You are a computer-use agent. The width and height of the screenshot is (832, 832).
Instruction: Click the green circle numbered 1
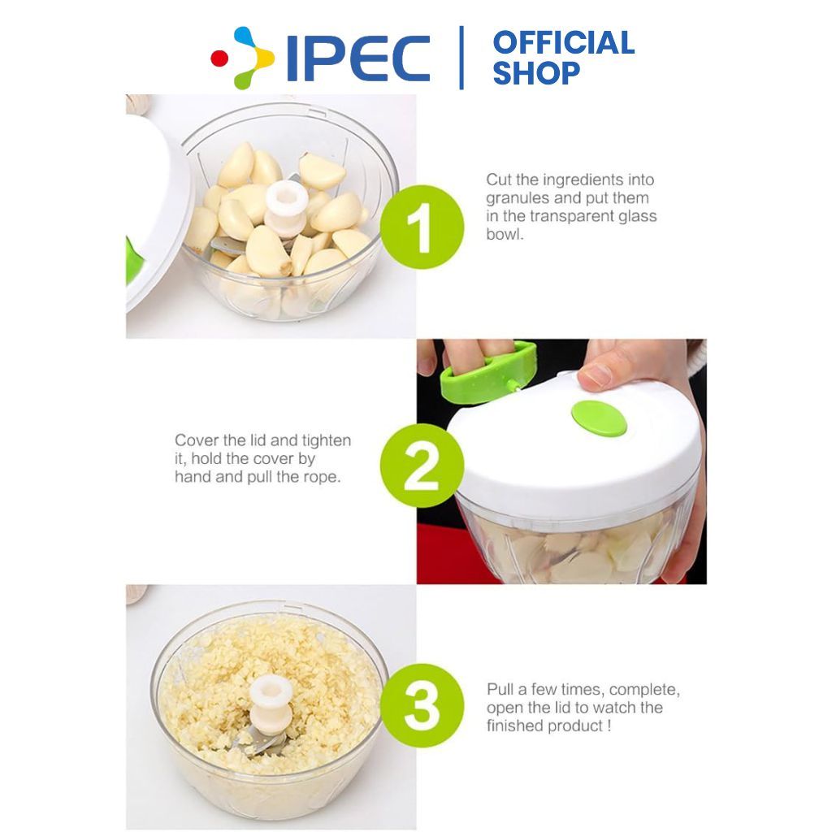[422, 227]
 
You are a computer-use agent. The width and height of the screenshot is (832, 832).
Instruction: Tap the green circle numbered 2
[422, 466]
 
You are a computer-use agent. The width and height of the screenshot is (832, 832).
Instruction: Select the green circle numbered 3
[422, 705]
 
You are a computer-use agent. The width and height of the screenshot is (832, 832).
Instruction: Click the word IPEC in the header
[358, 58]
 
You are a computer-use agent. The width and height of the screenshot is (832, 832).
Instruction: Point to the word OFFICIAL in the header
[564, 43]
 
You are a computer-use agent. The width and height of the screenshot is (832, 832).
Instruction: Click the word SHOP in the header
[536, 72]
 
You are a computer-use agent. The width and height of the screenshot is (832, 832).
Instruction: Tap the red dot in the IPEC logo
[219, 58]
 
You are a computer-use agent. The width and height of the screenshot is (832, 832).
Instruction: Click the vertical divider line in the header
[461, 58]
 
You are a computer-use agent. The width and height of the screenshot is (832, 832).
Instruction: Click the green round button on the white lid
[599, 418]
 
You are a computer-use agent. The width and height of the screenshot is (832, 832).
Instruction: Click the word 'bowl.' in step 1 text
[505, 234]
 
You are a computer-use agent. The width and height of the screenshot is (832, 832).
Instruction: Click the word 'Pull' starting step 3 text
[500, 689]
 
